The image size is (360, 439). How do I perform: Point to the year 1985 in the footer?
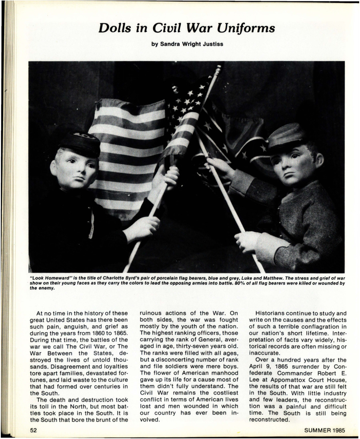coord(336,431)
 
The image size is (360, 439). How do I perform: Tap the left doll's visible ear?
coord(54,168)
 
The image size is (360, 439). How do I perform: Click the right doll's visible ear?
coord(319,160)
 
